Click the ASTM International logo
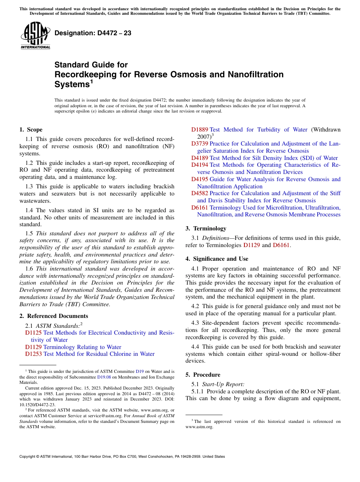(35, 36)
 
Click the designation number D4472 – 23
(93, 33)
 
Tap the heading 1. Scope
(31, 130)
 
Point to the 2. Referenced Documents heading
(54, 316)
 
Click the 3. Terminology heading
(206, 228)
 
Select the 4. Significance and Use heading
(217, 259)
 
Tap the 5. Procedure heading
(203, 375)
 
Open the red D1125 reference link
(33, 333)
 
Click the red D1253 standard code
(33, 354)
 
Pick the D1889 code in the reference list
(199, 130)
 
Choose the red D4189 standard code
(199, 158)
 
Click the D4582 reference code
(199, 193)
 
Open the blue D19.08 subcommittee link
(104, 377)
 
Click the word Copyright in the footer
(28, 457)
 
